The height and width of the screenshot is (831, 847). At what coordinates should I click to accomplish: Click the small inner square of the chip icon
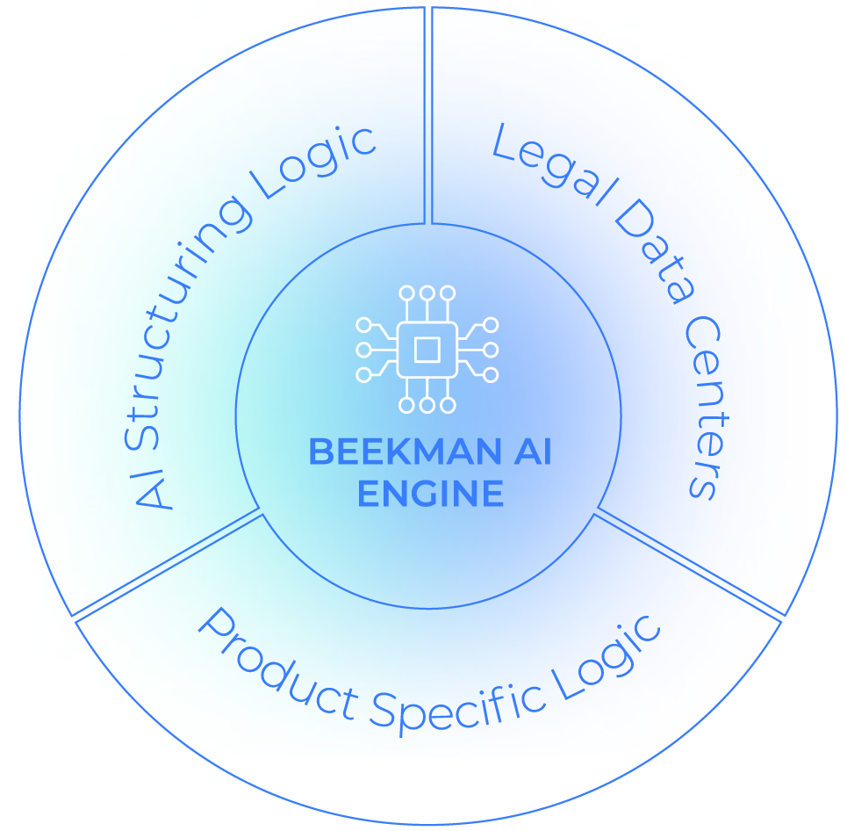click(x=427, y=350)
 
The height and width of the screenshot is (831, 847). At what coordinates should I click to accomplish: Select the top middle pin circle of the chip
click(x=427, y=293)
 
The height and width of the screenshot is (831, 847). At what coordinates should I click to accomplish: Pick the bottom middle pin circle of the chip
click(x=427, y=405)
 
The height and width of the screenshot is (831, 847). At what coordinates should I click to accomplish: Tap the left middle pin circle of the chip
click(x=363, y=350)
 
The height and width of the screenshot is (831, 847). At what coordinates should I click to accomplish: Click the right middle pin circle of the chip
click(x=491, y=350)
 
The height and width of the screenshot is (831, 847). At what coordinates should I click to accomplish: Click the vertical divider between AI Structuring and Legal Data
click(x=428, y=114)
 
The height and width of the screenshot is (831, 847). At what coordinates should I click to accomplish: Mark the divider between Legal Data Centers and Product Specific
click(x=689, y=562)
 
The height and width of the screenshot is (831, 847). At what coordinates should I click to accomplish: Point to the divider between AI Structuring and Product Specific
click(x=167, y=562)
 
